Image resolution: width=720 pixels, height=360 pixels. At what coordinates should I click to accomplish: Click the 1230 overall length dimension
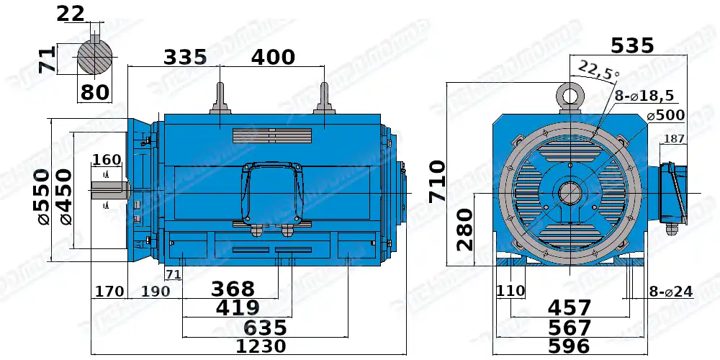tap(261, 346)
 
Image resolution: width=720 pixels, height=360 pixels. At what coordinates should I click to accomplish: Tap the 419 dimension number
tap(238, 308)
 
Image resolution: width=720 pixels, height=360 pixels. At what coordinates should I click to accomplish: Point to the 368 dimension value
tap(233, 289)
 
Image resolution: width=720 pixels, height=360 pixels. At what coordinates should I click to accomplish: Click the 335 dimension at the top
tap(185, 57)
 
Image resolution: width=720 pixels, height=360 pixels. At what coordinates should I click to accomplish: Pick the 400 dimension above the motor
tap(273, 57)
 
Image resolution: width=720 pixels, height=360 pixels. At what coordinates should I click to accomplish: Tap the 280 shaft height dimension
tap(464, 229)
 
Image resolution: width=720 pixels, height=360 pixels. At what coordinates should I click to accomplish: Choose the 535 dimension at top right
tap(632, 46)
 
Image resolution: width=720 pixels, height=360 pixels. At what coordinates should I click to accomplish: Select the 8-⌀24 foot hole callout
tap(670, 292)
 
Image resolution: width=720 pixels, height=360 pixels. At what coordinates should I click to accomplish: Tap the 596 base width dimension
tap(570, 346)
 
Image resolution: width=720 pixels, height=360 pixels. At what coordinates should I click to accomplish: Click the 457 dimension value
tap(570, 308)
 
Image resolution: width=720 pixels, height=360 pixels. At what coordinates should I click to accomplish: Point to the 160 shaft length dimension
tap(107, 159)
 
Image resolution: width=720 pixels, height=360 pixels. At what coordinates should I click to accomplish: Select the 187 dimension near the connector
tap(674, 138)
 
